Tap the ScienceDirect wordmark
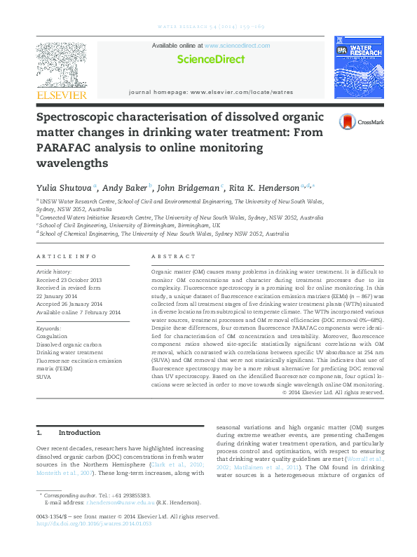click(x=210, y=60)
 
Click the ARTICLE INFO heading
click(x=66, y=257)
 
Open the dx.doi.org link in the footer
click(x=93, y=523)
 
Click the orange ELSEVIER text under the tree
click(x=61, y=95)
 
